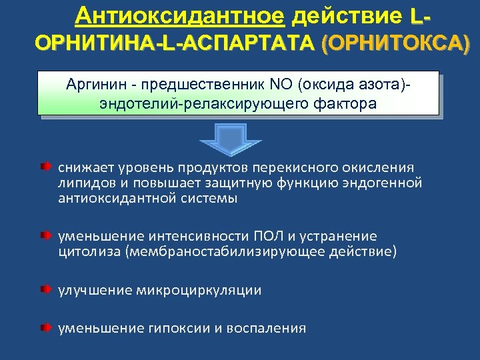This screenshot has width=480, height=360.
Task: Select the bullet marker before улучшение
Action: point(43,289)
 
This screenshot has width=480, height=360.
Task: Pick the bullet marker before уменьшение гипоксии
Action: point(43,327)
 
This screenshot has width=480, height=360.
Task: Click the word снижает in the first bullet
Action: point(83,167)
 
